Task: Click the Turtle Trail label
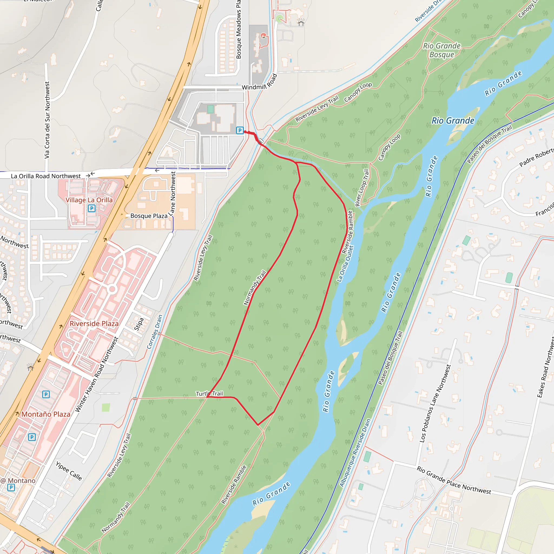[209, 394]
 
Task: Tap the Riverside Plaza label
[94, 324]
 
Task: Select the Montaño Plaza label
[46, 414]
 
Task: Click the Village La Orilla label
[89, 200]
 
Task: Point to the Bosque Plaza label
[149, 216]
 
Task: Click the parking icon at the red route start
[240, 130]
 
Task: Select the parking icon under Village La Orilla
[91, 208]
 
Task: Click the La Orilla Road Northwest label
[46, 176]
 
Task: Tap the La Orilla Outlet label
[345, 263]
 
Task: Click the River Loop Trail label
[362, 188]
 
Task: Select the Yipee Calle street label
[69, 471]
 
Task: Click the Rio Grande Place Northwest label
[454, 480]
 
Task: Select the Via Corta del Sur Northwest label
[47, 120]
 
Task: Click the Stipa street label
[139, 324]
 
